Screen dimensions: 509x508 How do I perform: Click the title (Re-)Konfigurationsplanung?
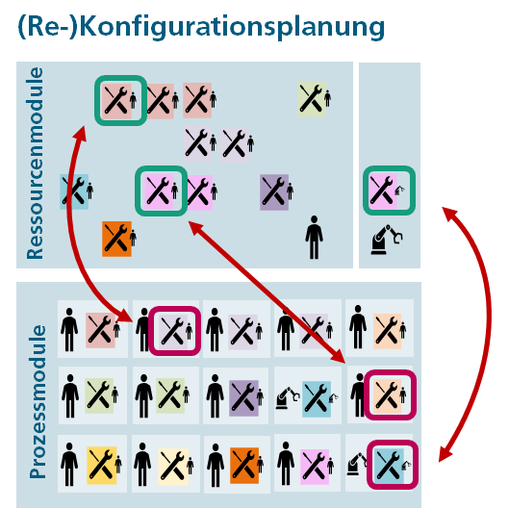click(x=201, y=28)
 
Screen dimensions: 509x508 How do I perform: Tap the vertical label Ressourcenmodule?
click(x=35, y=164)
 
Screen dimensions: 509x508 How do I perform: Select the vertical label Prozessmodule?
click(x=38, y=401)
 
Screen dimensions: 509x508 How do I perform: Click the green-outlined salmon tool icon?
click(x=120, y=100)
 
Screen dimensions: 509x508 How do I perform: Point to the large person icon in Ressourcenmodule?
click(x=314, y=238)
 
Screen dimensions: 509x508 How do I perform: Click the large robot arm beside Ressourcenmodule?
click(x=387, y=240)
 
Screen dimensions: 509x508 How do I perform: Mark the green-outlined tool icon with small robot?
click(x=389, y=190)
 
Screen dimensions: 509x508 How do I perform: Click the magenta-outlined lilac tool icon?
click(x=175, y=331)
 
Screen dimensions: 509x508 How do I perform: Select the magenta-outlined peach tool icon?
click(x=391, y=394)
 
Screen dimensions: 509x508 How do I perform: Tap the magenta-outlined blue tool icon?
click(x=393, y=465)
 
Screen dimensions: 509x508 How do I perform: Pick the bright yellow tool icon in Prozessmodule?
click(x=102, y=465)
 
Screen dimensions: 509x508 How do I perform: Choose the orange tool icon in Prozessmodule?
click(x=244, y=466)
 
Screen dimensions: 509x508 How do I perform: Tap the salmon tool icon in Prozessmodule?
click(x=101, y=330)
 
